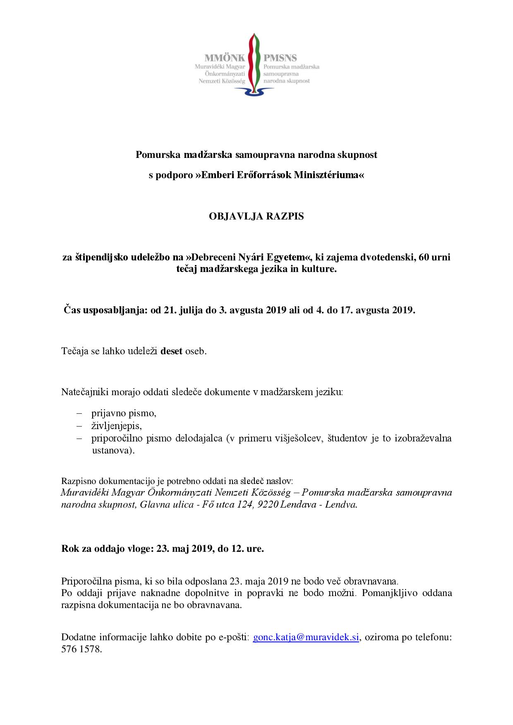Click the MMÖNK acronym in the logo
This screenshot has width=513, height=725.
point(225,58)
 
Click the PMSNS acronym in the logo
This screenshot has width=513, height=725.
point(280,58)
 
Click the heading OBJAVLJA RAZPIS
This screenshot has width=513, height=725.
point(256,216)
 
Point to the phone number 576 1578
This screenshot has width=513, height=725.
point(81,649)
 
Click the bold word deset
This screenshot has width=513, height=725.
point(171,351)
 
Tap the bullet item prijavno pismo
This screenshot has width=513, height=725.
point(124,413)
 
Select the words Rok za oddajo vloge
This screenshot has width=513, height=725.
point(107,549)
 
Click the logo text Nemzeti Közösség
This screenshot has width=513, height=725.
point(222,81)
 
